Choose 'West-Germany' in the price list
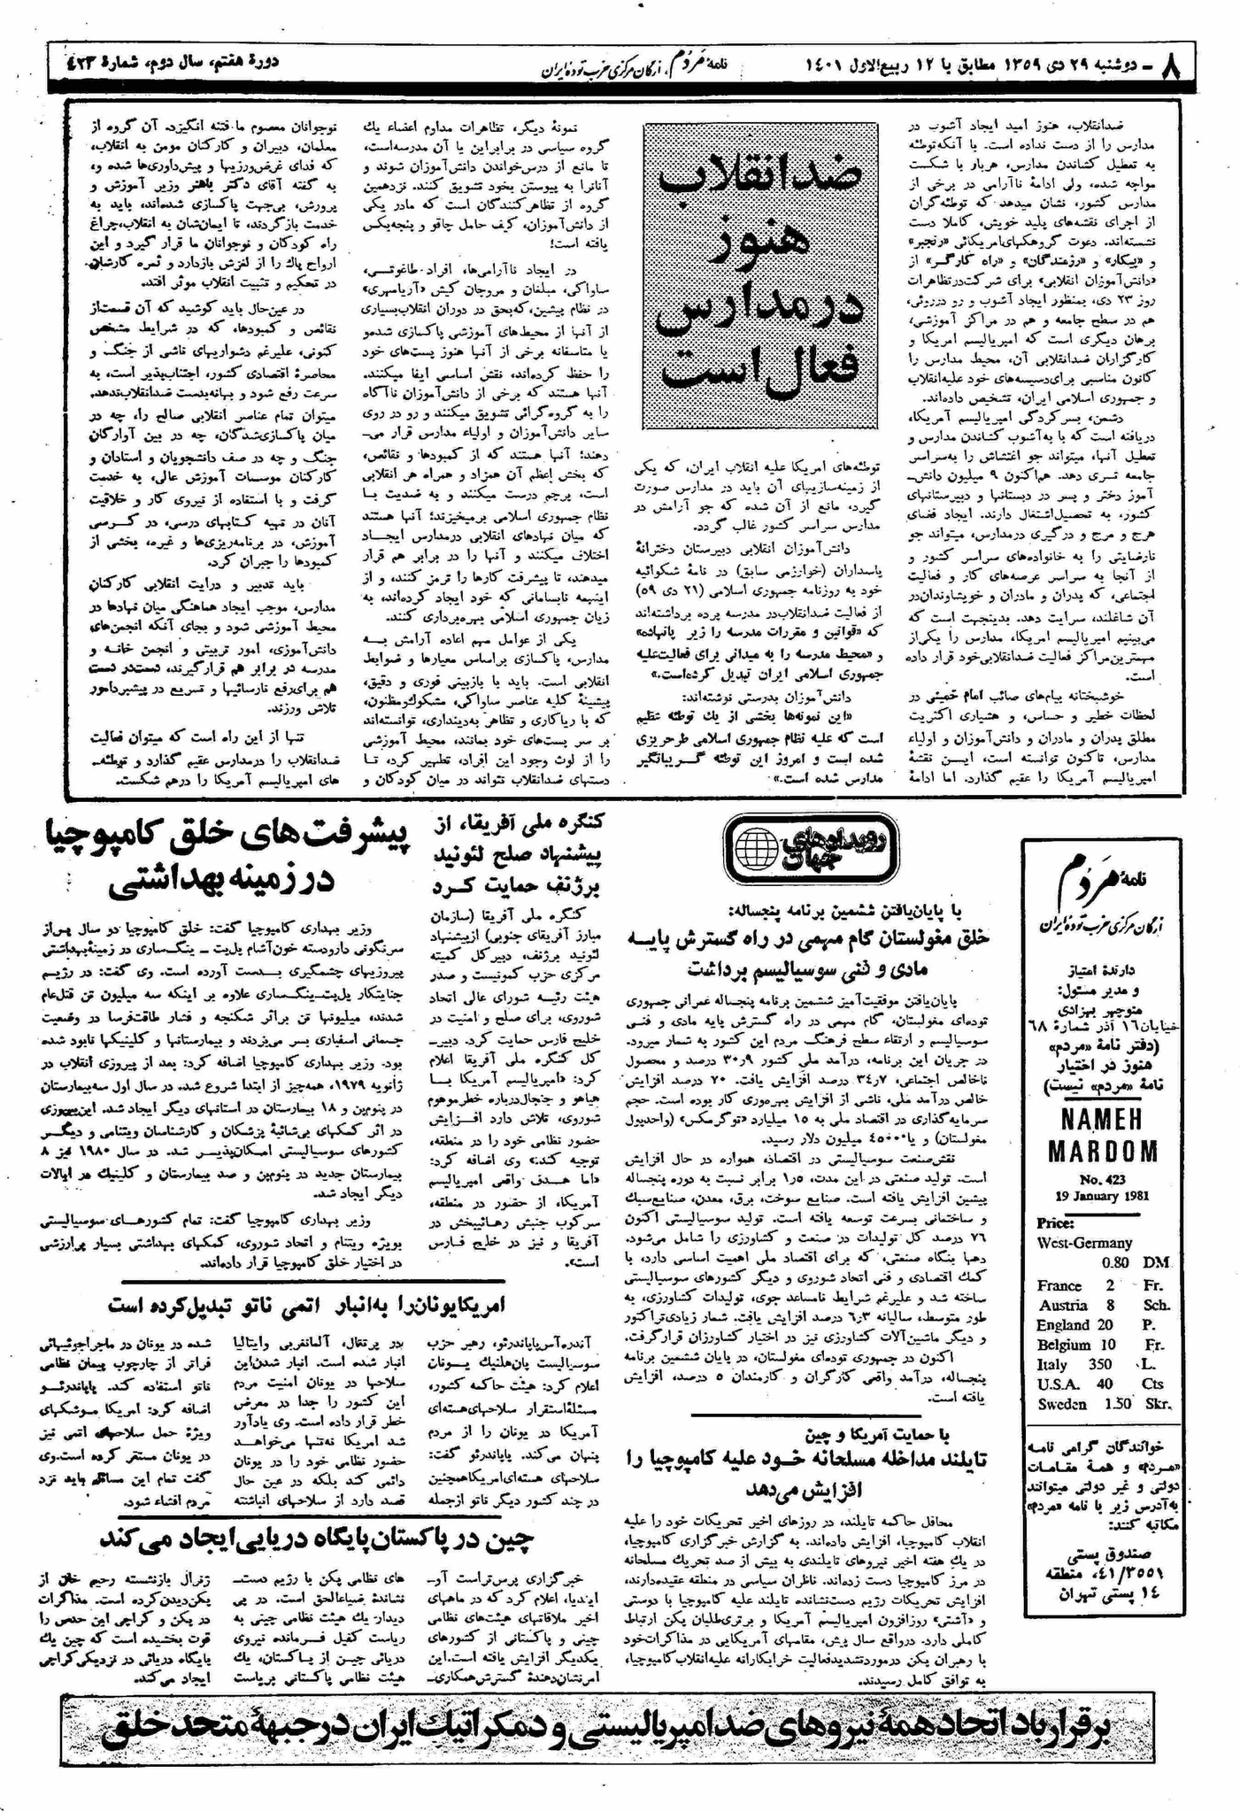pos(1084,1242)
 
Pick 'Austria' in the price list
pos(1062,1305)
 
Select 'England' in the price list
pos(1063,1325)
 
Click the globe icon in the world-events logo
pos(759,849)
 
